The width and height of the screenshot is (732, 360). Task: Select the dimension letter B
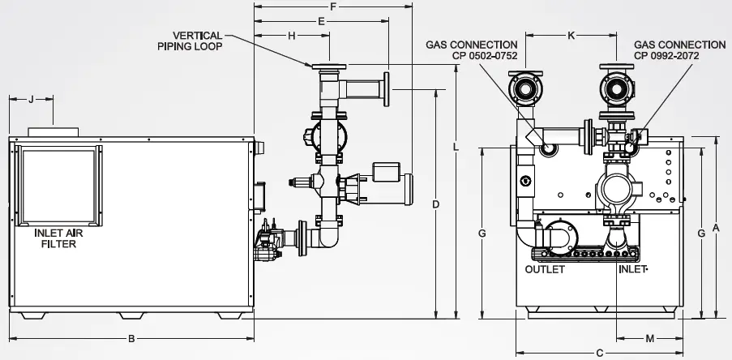point(131,338)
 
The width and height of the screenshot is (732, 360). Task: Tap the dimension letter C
point(599,353)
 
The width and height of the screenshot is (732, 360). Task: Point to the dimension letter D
point(436,204)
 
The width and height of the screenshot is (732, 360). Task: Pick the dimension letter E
point(322,20)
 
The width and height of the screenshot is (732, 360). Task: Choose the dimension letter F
point(333,6)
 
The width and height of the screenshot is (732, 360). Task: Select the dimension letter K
point(571,36)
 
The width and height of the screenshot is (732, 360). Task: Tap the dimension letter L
point(456,147)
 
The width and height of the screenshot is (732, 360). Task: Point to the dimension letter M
point(649,337)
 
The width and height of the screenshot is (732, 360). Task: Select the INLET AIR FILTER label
point(55,238)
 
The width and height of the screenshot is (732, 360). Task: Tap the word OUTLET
point(545,270)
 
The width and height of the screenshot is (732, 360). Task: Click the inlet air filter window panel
point(59,185)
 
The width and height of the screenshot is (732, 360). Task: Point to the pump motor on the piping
point(388,181)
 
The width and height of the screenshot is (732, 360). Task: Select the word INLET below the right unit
point(632,270)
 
